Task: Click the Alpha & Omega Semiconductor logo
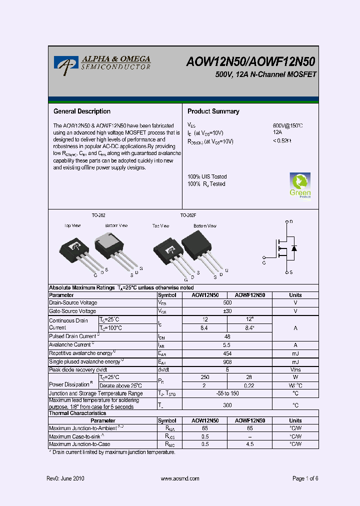pyautogui.click(x=102, y=62)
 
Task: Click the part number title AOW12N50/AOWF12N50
pyautogui.click(x=251, y=61)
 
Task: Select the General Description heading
pyautogui.click(x=82, y=111)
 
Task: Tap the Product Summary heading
pyautogui.click(x=213, y=111)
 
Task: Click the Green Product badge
pyautogui.click(x=300, y=185)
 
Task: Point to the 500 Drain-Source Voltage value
pyautogui.click(x=227, y=302)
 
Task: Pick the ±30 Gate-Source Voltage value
pyautogui.click(x=227, y=311)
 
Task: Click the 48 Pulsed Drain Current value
pyautogui.click(x=227, y=337)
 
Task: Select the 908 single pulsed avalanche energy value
pyautogui.click(x=227, y=362)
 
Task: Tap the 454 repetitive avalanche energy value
pyautogui.click(x=227, y=353)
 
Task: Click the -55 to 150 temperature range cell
pyautogui.click(x=227, y=393)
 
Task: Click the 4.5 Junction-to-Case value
pyautogui.click(x=249, y=444)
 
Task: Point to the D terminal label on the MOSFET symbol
pyautogui.click(x=291, y=221)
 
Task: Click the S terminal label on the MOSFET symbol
pyautogui.click(x=291, y=272)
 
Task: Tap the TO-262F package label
pyautogui.click(x=188, y=215)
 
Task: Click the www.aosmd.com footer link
pyautogui.click(x=180, y=478)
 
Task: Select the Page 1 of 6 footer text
pyautogui.click(x=305, y=478)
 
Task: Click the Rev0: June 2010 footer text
pyautogui.click(x=65, y=478)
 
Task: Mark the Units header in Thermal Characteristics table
pyautogui.click(x=295, y=421)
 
